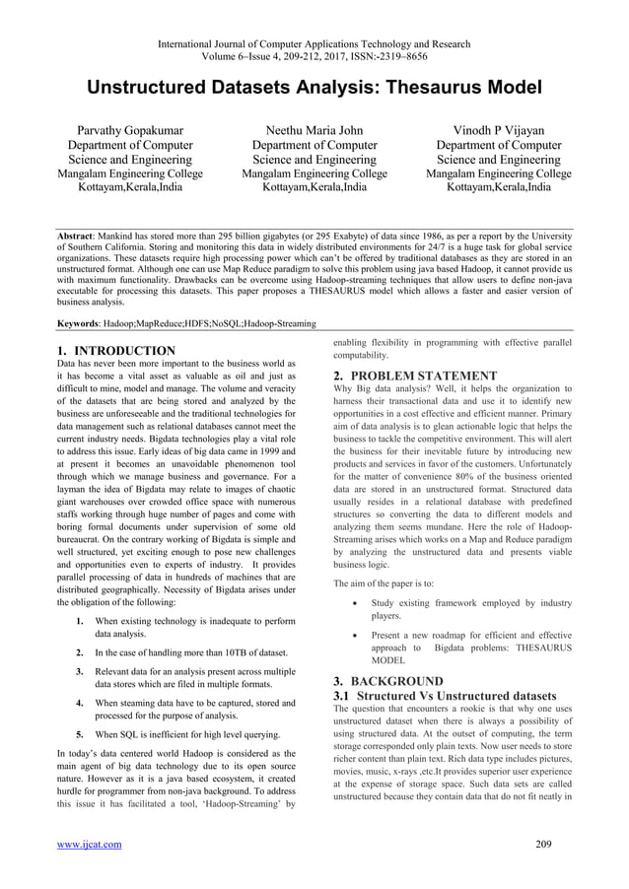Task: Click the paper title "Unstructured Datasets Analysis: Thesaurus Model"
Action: (x=314, y=87)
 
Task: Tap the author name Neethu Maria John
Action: (x=314, y=129)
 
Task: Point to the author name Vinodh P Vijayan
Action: (x=498, y=129)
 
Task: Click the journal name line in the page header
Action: (x=314, y=42)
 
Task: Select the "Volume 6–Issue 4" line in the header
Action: (x=314, y=56)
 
